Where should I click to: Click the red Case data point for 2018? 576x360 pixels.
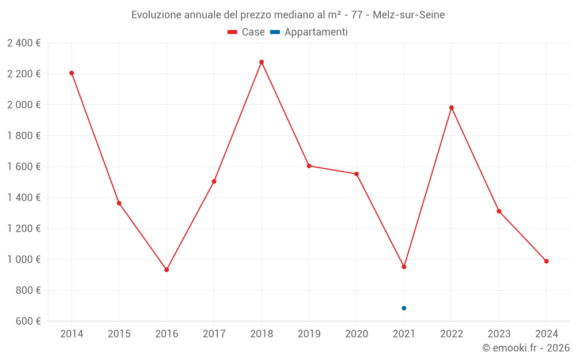pyautogui.click(x=262, y=62)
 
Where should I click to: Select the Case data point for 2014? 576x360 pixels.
pyautogui.click(x=71, y=73)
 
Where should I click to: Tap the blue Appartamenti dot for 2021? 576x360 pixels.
pyautogui.click(x=404, y=308)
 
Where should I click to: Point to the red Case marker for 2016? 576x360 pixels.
pyautogui.click(x=166, y=270)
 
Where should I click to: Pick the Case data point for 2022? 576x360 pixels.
pyautogui.click(x=452, y=108)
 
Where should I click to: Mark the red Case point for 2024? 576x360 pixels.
pyautogui.click(x=547, y=262)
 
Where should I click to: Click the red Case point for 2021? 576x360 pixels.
pyautogui.click(x=404, y=267)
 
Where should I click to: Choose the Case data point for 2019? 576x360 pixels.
pyautogui.click(x=309, y=166)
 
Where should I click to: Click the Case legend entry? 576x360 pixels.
pyautogui.click(x=246, y=32)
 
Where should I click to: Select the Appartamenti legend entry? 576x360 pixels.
pyautogui.click(x=309, y=32)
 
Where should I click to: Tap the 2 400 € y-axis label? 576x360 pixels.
pyautogui.click(x=24, y=43)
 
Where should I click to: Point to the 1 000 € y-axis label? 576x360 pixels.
pyautogui.click(x=24, y=259)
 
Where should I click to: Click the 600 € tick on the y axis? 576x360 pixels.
pyautogui.click(x=27, y=321)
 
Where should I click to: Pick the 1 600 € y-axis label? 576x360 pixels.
pyautogui.click(x=24, y=166)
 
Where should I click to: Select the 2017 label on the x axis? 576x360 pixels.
pyautogui.click(x=214, y=334)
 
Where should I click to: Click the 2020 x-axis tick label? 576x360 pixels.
pyautogui.click(x=357, y=334)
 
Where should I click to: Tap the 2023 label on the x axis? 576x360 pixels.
pyautogui.click(x=499, y=334)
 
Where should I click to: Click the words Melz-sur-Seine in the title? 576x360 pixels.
pyautogui.click(x=408, y=15)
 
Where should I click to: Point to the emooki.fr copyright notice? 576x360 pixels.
pyautogui.click(x=525, y=348)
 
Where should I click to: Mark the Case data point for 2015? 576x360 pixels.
pyautogui.click(x=119, y=203)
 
